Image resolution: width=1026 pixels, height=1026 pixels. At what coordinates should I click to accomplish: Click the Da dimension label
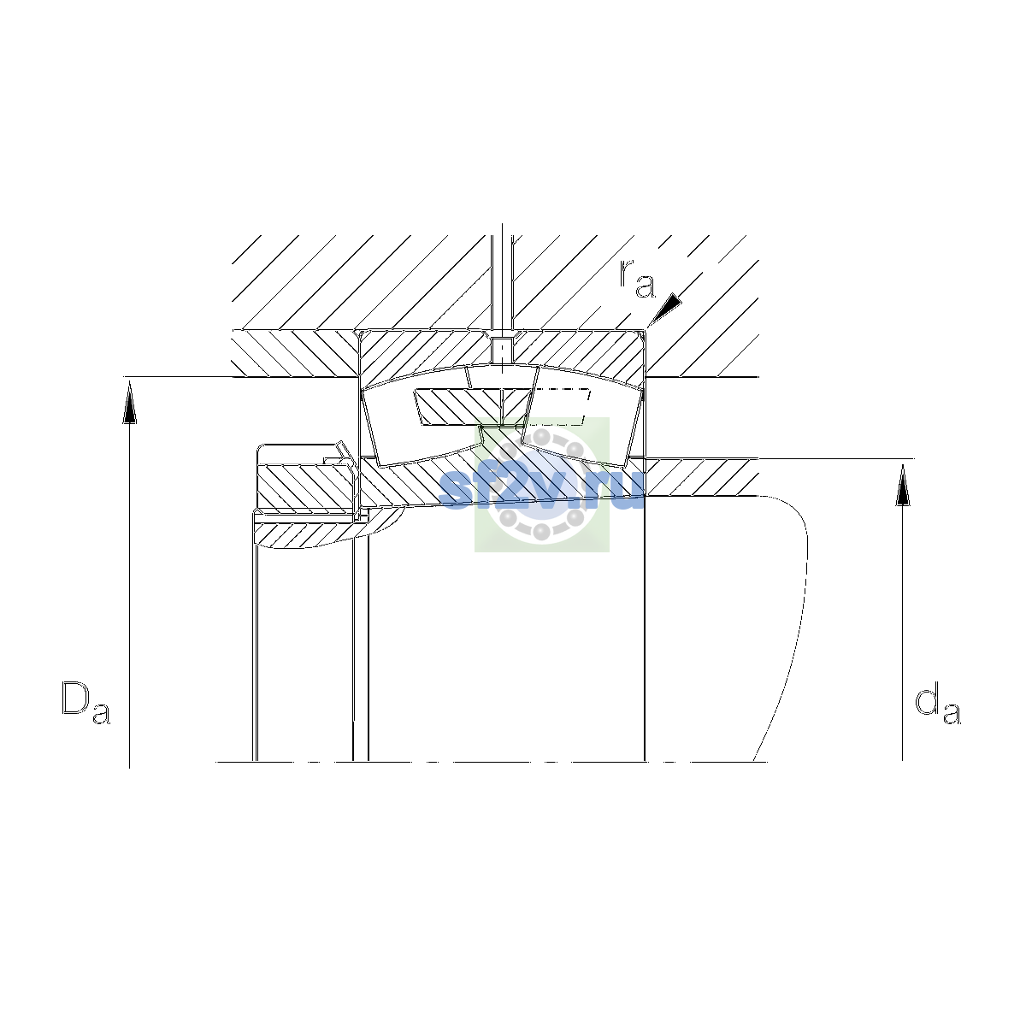85,702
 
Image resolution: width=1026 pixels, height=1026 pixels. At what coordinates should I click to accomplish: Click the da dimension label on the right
938,705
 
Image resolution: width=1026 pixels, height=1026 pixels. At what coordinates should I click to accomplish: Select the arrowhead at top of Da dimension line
129,403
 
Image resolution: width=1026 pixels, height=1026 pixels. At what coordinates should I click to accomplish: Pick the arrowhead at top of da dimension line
903,485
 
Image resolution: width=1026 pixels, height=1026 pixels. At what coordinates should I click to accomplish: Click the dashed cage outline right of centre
559,407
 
